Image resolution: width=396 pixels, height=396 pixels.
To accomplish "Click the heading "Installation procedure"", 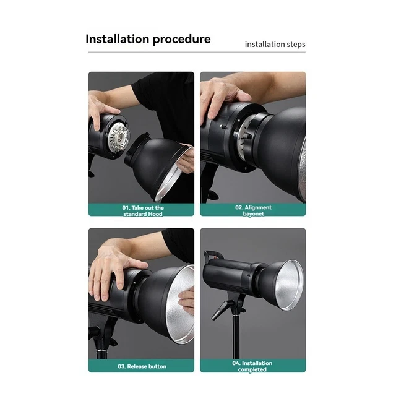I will click(x=148, y=39).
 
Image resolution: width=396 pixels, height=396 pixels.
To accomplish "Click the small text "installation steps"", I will click(x=275, y=44).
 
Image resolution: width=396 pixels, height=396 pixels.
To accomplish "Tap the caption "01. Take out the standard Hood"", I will click(x=142, y=210).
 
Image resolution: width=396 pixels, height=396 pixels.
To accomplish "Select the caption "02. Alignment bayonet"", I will click(x=253, y=210).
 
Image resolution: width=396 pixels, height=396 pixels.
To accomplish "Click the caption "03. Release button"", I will click(x=142, y=366).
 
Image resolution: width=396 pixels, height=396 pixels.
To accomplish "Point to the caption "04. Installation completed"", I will click(x=252, y=366).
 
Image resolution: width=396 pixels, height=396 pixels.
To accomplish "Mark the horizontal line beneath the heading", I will click(x=197, y=53).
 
